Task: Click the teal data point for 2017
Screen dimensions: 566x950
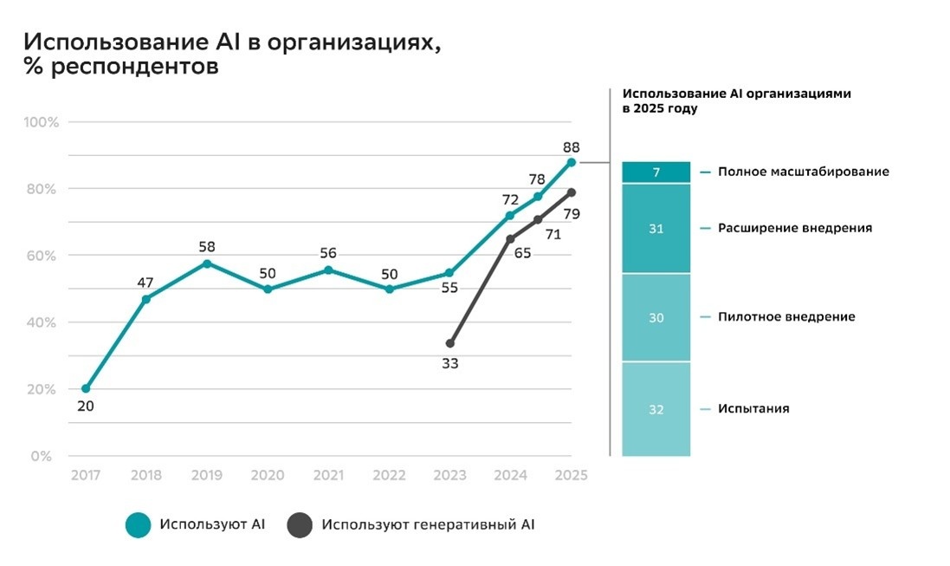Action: click(86, 388)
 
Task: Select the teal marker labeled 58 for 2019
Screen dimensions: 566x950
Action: click(207, 263)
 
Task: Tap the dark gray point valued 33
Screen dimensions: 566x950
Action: click(449, 343)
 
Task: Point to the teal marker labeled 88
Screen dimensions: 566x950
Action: click(572, 162)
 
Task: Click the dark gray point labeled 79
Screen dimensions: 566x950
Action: click(572, 192)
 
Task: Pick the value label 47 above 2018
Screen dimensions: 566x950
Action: click(145, 283)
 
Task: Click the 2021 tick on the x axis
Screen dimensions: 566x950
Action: click(328, 475)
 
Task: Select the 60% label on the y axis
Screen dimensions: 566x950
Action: click(42, 256)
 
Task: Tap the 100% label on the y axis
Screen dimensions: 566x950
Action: click(41, 122)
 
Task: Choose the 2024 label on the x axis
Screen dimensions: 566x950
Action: click(510, 475)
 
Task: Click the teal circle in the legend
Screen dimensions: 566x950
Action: click(139, 524)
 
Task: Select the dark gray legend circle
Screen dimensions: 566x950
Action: click(300, 524)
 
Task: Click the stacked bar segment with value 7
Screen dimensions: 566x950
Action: click(656, 172)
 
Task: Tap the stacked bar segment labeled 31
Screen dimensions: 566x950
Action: click(656, 229)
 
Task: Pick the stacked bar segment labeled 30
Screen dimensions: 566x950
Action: click(656, 318)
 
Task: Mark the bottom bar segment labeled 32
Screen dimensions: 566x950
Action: click(656, 409)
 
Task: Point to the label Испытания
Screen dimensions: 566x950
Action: click(753, 408)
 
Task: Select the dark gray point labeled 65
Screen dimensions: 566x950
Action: click(510, 239)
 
